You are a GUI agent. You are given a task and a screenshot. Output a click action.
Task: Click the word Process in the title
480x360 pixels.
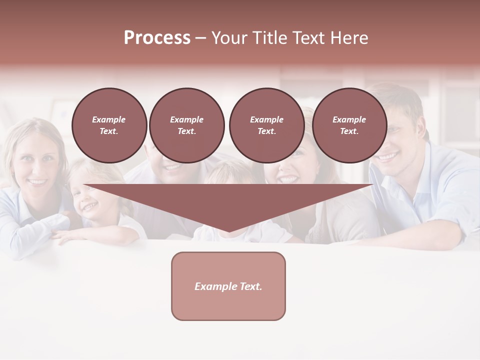pos(157,38)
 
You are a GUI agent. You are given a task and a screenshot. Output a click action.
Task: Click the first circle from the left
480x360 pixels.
pos(109,125)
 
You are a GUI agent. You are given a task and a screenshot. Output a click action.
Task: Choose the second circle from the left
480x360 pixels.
pos(186,125)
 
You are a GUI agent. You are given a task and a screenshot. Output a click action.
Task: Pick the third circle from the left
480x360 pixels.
pos(266,125)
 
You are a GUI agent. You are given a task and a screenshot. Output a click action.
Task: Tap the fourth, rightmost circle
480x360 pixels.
pos(349,125)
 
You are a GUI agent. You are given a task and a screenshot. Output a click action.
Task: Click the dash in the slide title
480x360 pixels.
pos(201,38)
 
